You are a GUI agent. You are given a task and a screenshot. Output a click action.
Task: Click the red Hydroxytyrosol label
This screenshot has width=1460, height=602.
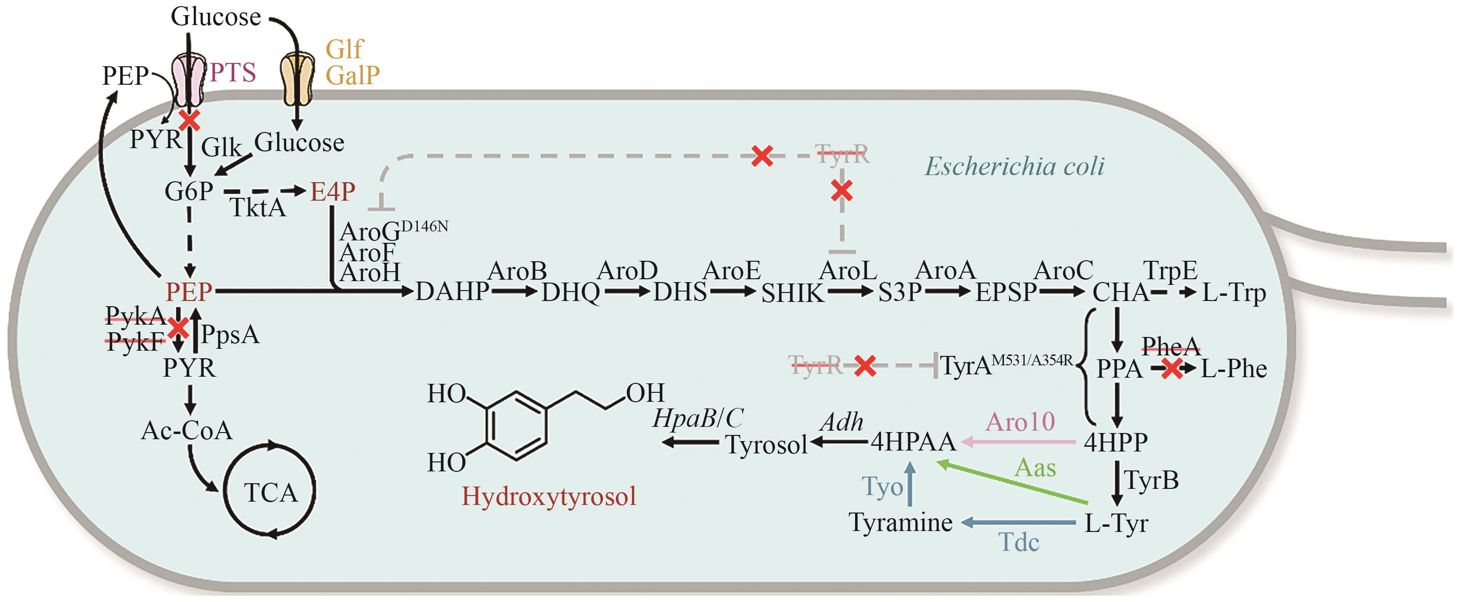(548, 496)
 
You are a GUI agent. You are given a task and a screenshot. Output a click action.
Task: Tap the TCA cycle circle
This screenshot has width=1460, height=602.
(270, 491)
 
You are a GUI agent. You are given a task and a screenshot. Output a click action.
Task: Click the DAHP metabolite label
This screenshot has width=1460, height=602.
(452, 292)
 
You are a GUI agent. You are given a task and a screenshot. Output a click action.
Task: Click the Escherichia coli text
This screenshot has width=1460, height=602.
(1015, 167)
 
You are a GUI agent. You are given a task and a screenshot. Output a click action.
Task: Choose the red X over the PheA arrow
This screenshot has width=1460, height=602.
(1172, 369)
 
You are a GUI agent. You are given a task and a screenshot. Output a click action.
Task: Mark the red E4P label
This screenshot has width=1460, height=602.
(333, 192)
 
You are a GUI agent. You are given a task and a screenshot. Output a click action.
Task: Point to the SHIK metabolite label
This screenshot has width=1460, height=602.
(793, 293)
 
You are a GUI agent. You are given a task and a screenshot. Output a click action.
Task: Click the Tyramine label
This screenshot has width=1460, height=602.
(900, 522)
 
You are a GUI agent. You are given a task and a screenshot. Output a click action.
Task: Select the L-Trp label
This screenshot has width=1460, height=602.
(1234, 293)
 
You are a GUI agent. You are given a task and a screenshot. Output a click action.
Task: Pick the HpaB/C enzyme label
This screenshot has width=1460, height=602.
(698, 418)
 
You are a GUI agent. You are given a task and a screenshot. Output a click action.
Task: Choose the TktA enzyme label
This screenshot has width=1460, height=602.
(257, 208)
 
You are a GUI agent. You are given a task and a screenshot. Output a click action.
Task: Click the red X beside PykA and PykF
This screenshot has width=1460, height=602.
(179, 328)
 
